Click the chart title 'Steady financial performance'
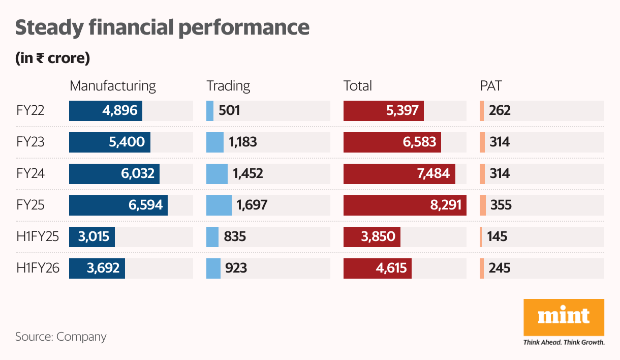point(162,27)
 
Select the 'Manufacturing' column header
point(112,86)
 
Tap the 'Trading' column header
point(228,86)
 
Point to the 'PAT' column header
point(490,86)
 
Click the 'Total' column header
point(357,86)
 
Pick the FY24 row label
point(30,174)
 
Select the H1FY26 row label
point(38,268)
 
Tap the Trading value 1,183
point(242,142)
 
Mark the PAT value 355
point(501,205)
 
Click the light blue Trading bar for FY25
point(219,205)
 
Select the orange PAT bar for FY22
point(481,111)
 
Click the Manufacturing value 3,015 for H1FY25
point(94,237)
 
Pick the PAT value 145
point(497,237)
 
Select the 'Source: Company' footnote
point(60,337)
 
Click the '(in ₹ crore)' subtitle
point(52,58)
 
